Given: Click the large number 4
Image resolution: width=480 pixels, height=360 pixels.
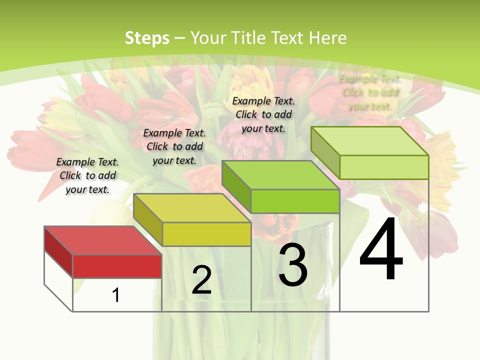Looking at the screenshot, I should [x=381, y=250].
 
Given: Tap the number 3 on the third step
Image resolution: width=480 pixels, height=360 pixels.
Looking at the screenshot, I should [x=293, y=265].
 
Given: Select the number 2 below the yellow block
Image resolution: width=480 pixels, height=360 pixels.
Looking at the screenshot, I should [x=201, y=280].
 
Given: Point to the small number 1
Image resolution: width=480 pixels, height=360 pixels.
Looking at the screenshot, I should [x=116, y=295].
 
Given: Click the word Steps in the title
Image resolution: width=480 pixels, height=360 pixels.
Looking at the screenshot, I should [x=147, y=38].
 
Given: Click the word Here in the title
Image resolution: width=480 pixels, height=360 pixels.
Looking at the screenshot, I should [x=327, y=38].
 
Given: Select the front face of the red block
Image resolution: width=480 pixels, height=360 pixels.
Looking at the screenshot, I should [x=117, y=266].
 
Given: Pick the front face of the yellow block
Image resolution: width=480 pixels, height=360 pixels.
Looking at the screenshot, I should [x=206, y=234].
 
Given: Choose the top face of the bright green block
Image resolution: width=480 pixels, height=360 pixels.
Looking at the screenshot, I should [x=280, y=175].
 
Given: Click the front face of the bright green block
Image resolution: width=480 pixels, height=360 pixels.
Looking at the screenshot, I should [x=295, y=201].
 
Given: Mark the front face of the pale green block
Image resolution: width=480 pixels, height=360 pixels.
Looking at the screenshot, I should [x=384, y=167].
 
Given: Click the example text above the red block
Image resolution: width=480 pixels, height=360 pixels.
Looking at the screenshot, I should [x=87, y=175].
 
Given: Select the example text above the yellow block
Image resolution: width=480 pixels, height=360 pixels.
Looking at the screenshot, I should [x=174, y=146].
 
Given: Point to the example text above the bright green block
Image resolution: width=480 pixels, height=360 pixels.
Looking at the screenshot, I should [x=263, y=114].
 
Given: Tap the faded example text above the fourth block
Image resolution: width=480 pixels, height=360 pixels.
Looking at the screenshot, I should [x=370, y=92].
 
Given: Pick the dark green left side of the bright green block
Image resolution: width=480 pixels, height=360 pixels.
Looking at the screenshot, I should [x=236, y=186].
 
